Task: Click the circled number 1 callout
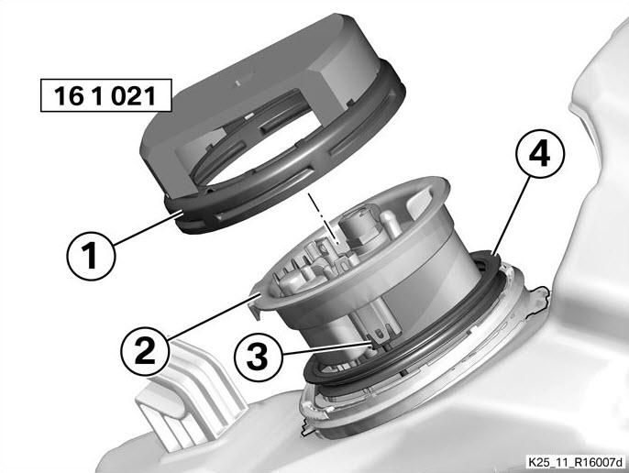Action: [x=91, y=256]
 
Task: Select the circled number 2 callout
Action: [x=145, y=351]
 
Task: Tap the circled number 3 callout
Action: [x=258, y=357]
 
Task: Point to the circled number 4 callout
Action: [x=539, y=154]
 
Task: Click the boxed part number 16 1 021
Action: [x=106, y=95]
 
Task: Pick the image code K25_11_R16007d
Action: [x=576, y=462]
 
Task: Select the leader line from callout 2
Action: [x=214, y=316]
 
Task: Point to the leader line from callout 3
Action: [x=327, y=347]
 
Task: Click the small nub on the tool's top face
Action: [x=237, y=82]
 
